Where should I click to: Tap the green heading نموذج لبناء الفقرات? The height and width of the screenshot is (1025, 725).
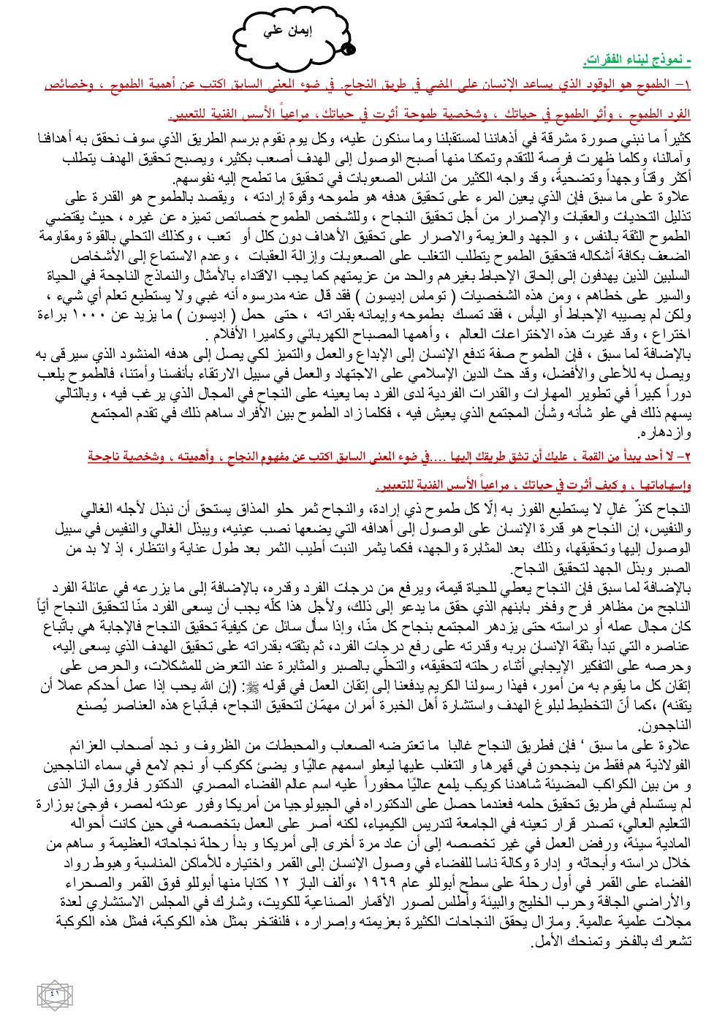(637, 58)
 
